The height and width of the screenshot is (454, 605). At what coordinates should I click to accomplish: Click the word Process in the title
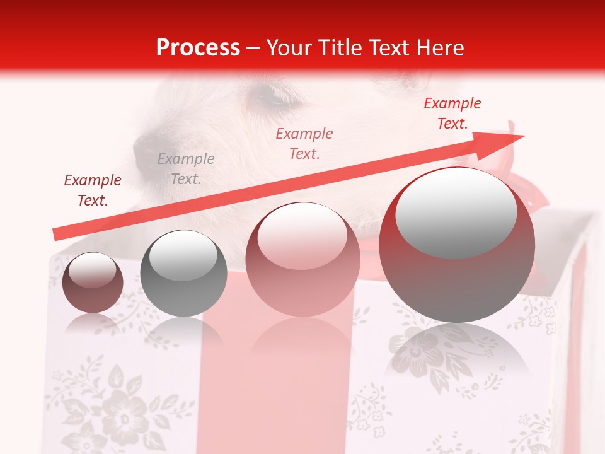point(198,48)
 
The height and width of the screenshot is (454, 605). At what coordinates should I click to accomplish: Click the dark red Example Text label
point(93,190)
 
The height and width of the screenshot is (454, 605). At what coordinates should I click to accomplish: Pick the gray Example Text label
point(186,169)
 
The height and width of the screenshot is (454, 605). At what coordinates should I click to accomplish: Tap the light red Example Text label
point(304,144)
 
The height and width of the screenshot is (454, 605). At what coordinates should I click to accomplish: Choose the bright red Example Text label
point(452,113)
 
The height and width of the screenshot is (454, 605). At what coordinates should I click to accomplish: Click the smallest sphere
point(93,282)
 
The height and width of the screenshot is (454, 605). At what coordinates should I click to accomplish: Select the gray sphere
point(183,273)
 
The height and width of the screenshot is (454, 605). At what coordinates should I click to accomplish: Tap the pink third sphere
point(302,259)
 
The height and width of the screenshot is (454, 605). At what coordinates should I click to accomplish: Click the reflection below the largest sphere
point(457,353)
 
